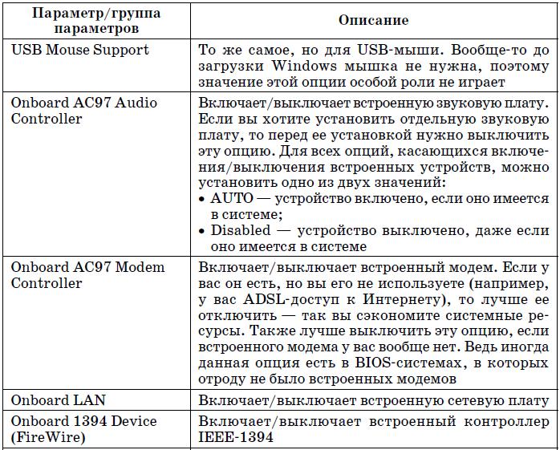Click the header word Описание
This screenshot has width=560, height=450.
pos(373,20)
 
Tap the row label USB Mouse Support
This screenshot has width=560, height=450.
pos(80,50)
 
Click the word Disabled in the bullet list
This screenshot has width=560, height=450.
pos(240,231)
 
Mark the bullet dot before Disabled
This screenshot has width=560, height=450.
pos(201,231)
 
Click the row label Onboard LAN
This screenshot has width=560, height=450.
pos(59,399)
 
